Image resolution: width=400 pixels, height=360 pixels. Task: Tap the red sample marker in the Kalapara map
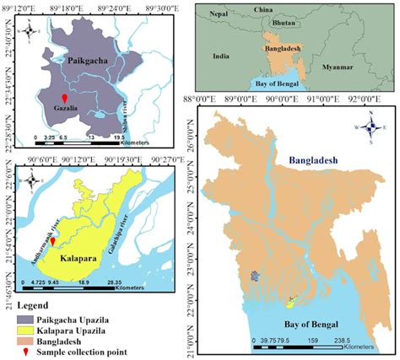click(53, 241)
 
